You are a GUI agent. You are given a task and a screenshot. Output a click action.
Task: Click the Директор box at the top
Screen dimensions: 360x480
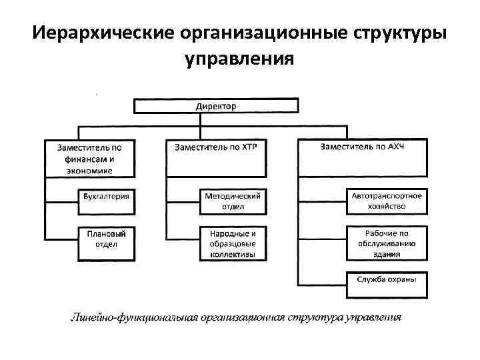(x=215, y=106)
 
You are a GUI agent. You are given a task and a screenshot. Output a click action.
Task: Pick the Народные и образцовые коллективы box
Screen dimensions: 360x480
(x=233, y=243)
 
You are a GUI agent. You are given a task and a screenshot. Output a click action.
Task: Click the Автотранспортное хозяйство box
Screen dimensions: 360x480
(x=387, y=201)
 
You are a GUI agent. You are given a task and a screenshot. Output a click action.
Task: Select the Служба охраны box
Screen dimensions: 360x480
(x=387, y=279)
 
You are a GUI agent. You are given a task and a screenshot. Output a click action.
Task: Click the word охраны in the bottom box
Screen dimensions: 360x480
(x=403, y=279)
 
